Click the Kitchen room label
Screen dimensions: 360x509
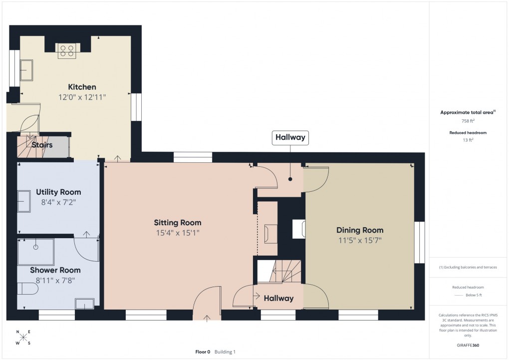coord(82,87)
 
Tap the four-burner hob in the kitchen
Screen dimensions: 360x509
coord(67,50)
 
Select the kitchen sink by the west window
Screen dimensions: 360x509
coord(26,69)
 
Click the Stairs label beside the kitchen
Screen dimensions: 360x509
coord(42,145)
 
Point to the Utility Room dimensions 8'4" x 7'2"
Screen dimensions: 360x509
coord(58,202)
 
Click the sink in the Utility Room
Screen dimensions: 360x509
coord(25,202)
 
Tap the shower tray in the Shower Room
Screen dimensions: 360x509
coord(36,252)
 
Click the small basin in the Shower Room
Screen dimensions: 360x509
coord(84,304)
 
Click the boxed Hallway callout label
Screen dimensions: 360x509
coord(290,138)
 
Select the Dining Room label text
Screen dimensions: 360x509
coord(360,230)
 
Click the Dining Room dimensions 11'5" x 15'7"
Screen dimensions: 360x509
coord(360,240)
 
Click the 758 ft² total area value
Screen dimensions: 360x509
coord(468,121)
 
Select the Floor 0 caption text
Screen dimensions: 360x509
coord(203,352)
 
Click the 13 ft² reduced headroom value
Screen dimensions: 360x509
coord(468,140)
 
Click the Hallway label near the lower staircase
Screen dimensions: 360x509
coord(278,298)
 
